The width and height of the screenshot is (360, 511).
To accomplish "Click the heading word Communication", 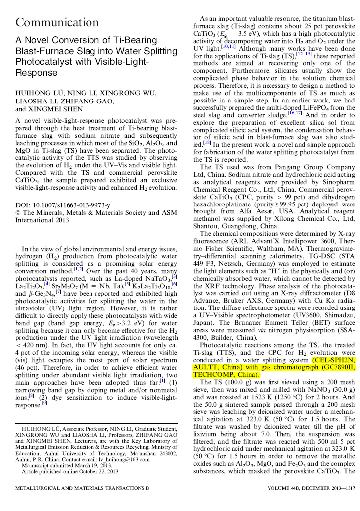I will (x=58, y=22).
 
